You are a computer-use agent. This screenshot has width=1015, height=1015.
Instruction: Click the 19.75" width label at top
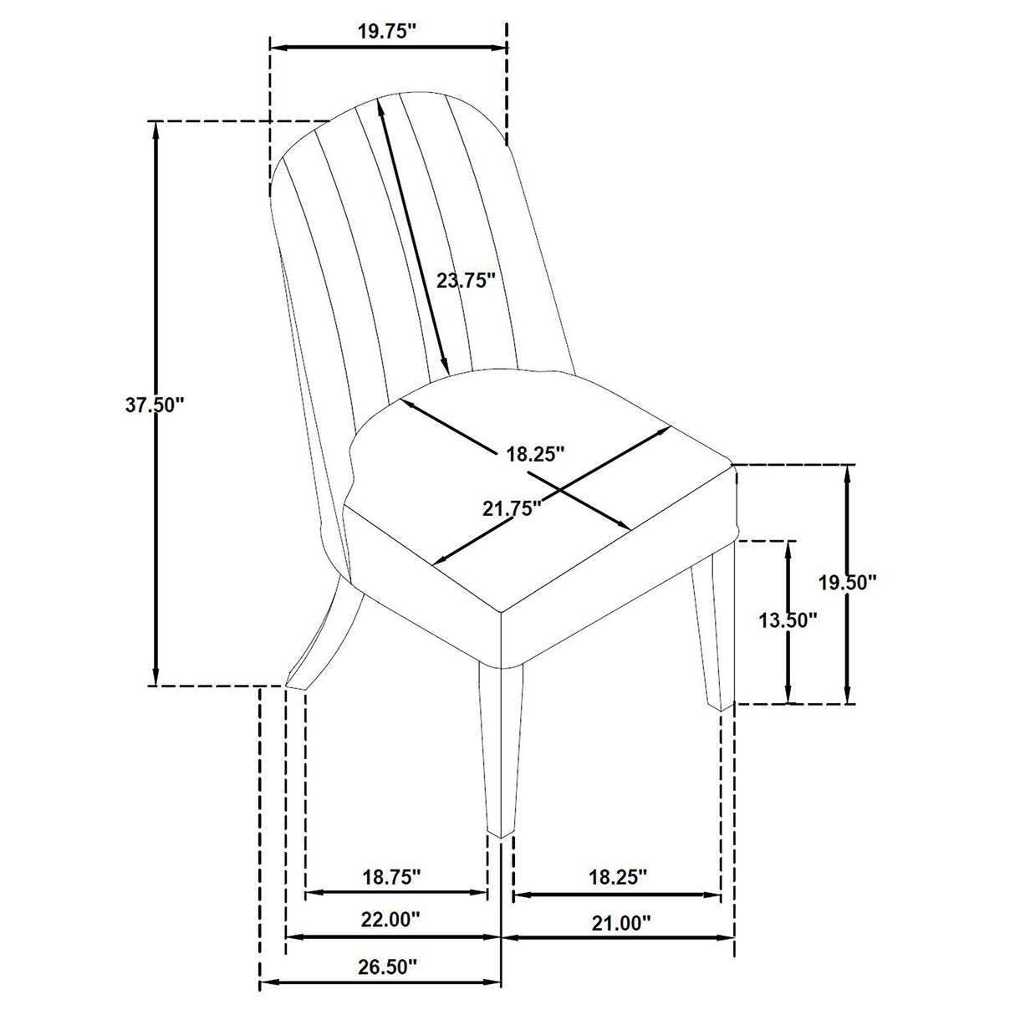point(387,32)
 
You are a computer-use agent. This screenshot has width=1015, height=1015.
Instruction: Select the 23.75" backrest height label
point(467,280)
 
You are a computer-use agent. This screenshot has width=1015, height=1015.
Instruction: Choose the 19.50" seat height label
point(847,582)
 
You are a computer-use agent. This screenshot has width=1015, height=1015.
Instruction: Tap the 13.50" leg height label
point(787,620)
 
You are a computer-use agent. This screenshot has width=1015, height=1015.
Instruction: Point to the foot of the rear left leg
point(296,683)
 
